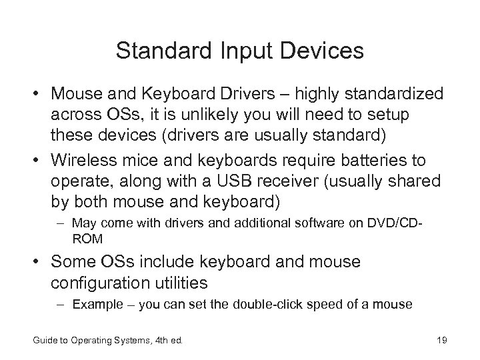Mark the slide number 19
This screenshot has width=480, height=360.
(440, 342)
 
